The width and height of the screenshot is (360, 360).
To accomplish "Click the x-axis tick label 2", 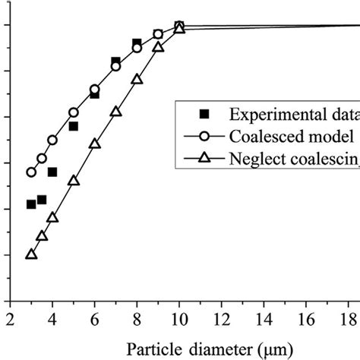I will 10,317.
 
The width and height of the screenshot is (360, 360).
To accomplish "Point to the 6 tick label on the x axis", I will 94,317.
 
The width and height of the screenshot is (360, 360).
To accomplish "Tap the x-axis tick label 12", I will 221,317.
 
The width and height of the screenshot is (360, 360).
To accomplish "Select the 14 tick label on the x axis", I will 264,317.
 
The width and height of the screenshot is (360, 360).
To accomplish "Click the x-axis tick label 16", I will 306,317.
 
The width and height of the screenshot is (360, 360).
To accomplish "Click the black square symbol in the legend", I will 203,114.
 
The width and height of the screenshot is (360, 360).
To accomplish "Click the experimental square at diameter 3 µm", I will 31,204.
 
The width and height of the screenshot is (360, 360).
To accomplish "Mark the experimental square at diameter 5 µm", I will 74,126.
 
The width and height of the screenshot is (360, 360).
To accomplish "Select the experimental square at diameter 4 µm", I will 52,172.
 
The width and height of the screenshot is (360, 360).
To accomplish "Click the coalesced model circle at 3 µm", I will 31,172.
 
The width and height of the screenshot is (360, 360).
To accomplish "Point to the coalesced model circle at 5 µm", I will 74,112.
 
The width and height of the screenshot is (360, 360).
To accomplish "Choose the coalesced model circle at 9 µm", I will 158,34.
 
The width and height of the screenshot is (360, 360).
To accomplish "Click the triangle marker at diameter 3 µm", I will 31,254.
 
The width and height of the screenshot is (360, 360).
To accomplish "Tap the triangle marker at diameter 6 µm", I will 94,144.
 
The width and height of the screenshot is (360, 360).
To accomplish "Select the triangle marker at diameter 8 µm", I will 137,79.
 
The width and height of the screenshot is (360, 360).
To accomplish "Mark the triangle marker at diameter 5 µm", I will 74,181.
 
